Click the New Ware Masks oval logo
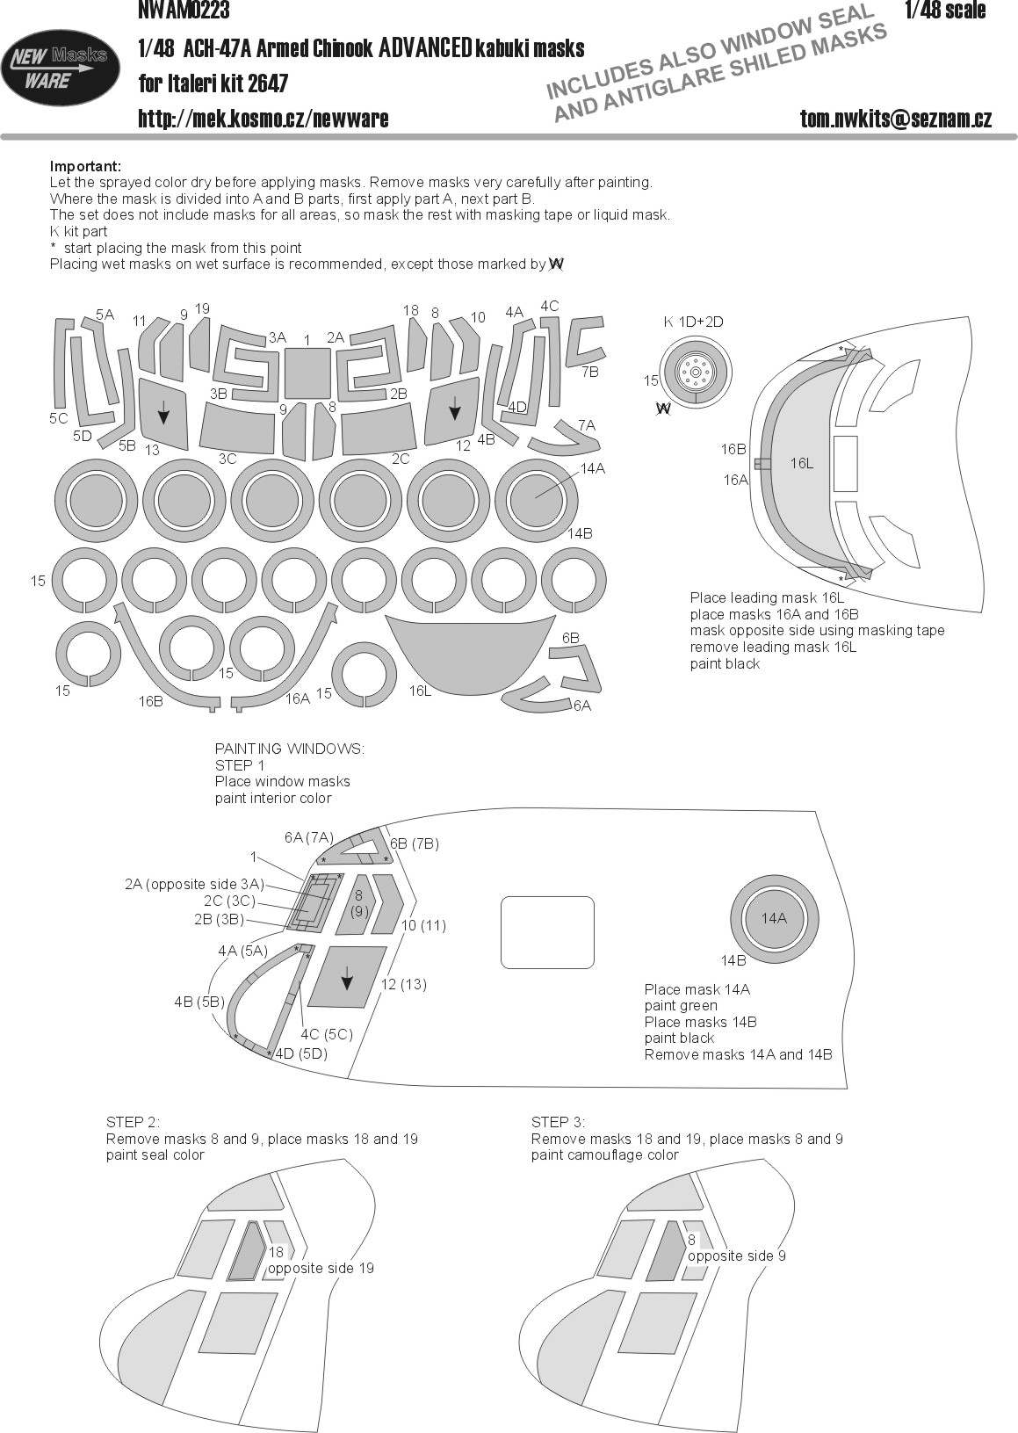(61, 68)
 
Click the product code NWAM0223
(184, 10)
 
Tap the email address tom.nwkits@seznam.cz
(895, 119)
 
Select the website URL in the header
(263, 119)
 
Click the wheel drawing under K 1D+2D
(695, 373)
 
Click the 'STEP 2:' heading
(134, 1122)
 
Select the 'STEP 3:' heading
(559, 1122)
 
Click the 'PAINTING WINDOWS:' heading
(289, 749)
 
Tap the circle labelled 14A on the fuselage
(774, 918)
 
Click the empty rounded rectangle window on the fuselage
(547, 931)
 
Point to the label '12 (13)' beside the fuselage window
(402, 984)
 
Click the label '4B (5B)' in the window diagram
(199, 1002)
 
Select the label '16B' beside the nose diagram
(733, 449)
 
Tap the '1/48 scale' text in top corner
(944, 10)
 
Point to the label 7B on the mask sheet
(589, 372)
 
